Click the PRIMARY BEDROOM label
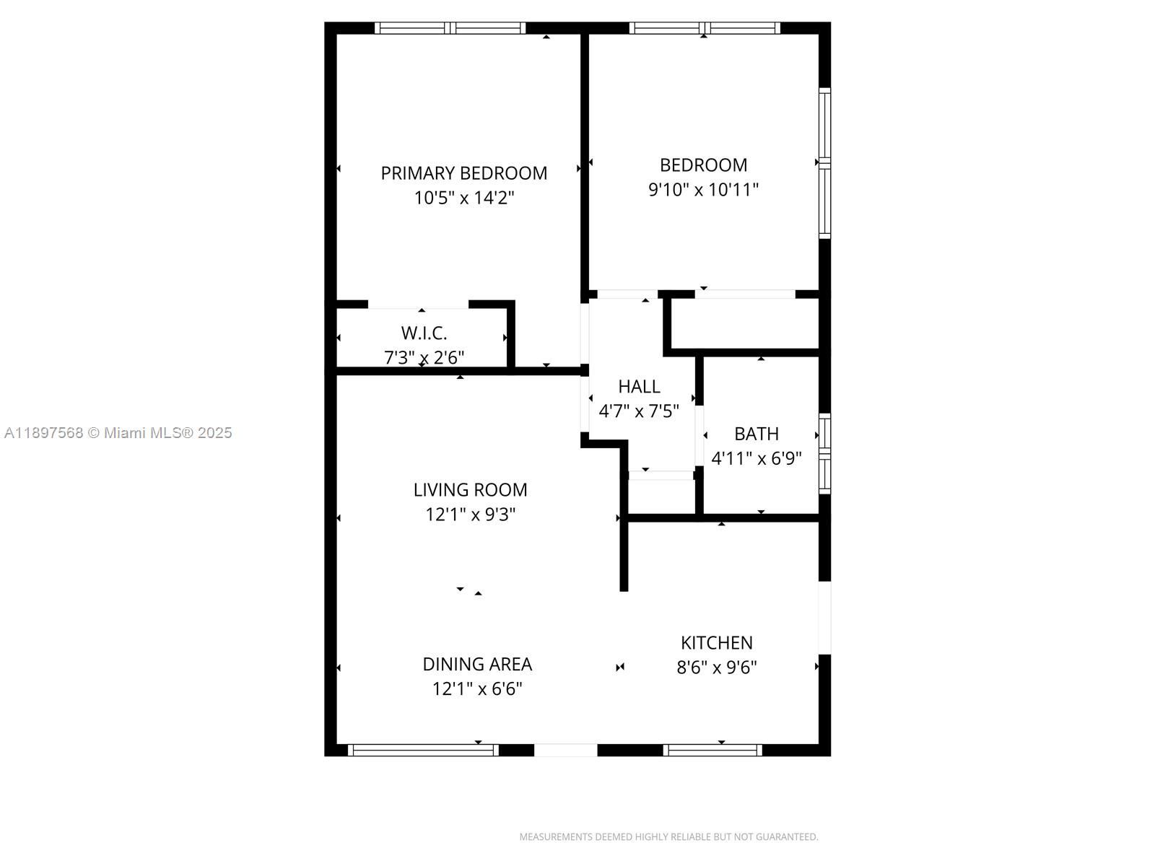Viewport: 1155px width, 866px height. [x=463, y=173]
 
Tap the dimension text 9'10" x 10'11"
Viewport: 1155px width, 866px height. [x=703, y=190]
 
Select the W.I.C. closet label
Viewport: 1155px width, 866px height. [x=424, y=333]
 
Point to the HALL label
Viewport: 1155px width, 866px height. [x=639, y=386]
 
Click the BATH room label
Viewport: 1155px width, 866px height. [x=756, y=434]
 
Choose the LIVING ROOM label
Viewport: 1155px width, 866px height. [x=470, y=490]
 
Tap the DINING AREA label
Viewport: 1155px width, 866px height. [x=476, y=664]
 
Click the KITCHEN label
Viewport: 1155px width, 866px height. [x=716, y=642]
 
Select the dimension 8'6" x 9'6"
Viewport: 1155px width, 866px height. [x=716, y=668]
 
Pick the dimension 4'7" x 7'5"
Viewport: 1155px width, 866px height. [x=639, y=411]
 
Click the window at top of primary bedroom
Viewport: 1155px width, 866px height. [x=450, y=28]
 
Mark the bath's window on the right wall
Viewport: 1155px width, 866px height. [x=824, y=453]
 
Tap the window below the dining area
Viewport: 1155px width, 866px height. [x=423, y=751]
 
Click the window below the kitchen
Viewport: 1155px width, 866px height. [x=712, y=751]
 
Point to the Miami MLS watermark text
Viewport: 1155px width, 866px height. [x=118, y=433]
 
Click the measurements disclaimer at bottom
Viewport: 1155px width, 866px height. [x=668, y=837]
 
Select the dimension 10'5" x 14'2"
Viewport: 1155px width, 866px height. [x=463, y=198]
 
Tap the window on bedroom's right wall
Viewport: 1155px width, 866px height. [x=824, y=163]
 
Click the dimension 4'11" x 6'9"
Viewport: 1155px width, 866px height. [x=756, y=459]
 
